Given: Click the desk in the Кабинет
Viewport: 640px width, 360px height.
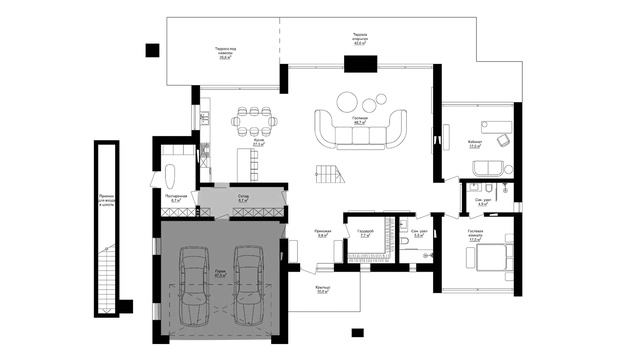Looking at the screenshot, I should coord(497,124).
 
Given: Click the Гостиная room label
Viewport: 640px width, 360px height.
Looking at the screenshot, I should coord(360,119).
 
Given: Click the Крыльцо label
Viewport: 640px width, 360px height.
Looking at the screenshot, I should coord(322,289).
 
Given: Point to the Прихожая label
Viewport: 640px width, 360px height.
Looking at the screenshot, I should coord(323,234).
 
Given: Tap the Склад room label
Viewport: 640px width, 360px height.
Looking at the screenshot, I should coord(243,197).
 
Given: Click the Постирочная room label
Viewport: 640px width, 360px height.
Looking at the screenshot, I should coord(175,198).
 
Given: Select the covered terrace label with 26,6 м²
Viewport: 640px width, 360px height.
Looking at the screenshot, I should coord(224,55).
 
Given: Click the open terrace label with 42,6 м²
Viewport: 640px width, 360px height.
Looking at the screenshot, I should coord(359,41).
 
